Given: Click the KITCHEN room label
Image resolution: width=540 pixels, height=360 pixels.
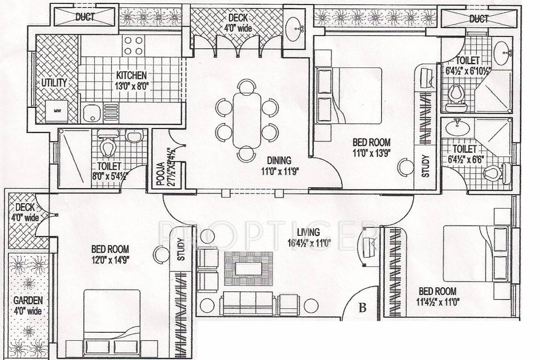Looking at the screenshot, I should coord(132,75).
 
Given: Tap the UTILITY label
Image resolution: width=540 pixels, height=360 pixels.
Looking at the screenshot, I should coord(54,83).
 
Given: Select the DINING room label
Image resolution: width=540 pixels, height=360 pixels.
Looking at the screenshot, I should coord(279,160).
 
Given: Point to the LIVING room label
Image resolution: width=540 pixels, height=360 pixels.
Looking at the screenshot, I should coord(308,232).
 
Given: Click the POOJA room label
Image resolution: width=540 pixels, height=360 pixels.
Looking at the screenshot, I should coord(160,173).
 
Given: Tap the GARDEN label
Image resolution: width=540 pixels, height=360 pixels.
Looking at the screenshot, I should coord(28,300).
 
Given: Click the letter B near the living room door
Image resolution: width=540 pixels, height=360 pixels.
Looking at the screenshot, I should coord(362,308).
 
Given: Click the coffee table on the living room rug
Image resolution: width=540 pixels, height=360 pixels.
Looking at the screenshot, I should coord(248,269).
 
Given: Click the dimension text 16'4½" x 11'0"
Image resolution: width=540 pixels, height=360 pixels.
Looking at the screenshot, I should coord(310,242).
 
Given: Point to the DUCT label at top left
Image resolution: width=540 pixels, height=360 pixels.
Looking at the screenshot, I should coord(85,18).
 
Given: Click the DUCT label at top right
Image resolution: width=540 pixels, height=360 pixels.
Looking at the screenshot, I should coord(479,19).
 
